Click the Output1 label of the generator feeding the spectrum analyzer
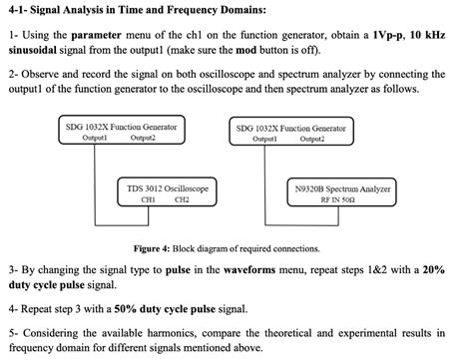(x=263, y=138)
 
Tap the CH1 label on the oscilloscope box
(x=149, y=198)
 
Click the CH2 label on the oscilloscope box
(x=182, y=198)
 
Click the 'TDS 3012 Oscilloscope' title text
(x=166, y=187)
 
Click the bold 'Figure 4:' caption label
(x=154, y=248)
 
